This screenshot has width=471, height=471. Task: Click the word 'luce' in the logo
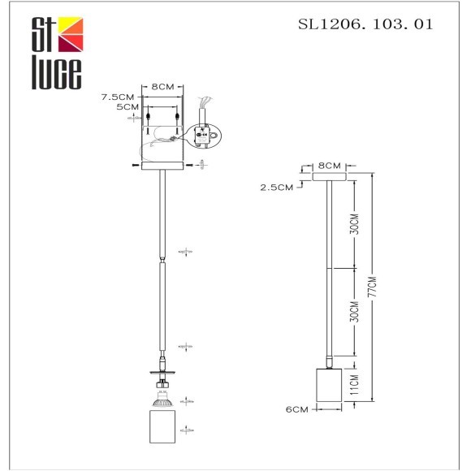(x=56, y=72)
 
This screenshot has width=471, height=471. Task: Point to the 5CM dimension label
(x=127, y=106)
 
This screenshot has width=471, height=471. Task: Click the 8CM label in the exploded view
(x=164, y=86)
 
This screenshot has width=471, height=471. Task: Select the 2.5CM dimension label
(x=276, y=187)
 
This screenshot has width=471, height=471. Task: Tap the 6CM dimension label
(x=298, y=410)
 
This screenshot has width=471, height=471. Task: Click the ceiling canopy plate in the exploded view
(x=163, y=166)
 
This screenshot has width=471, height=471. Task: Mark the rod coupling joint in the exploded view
(x=163, y=258)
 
